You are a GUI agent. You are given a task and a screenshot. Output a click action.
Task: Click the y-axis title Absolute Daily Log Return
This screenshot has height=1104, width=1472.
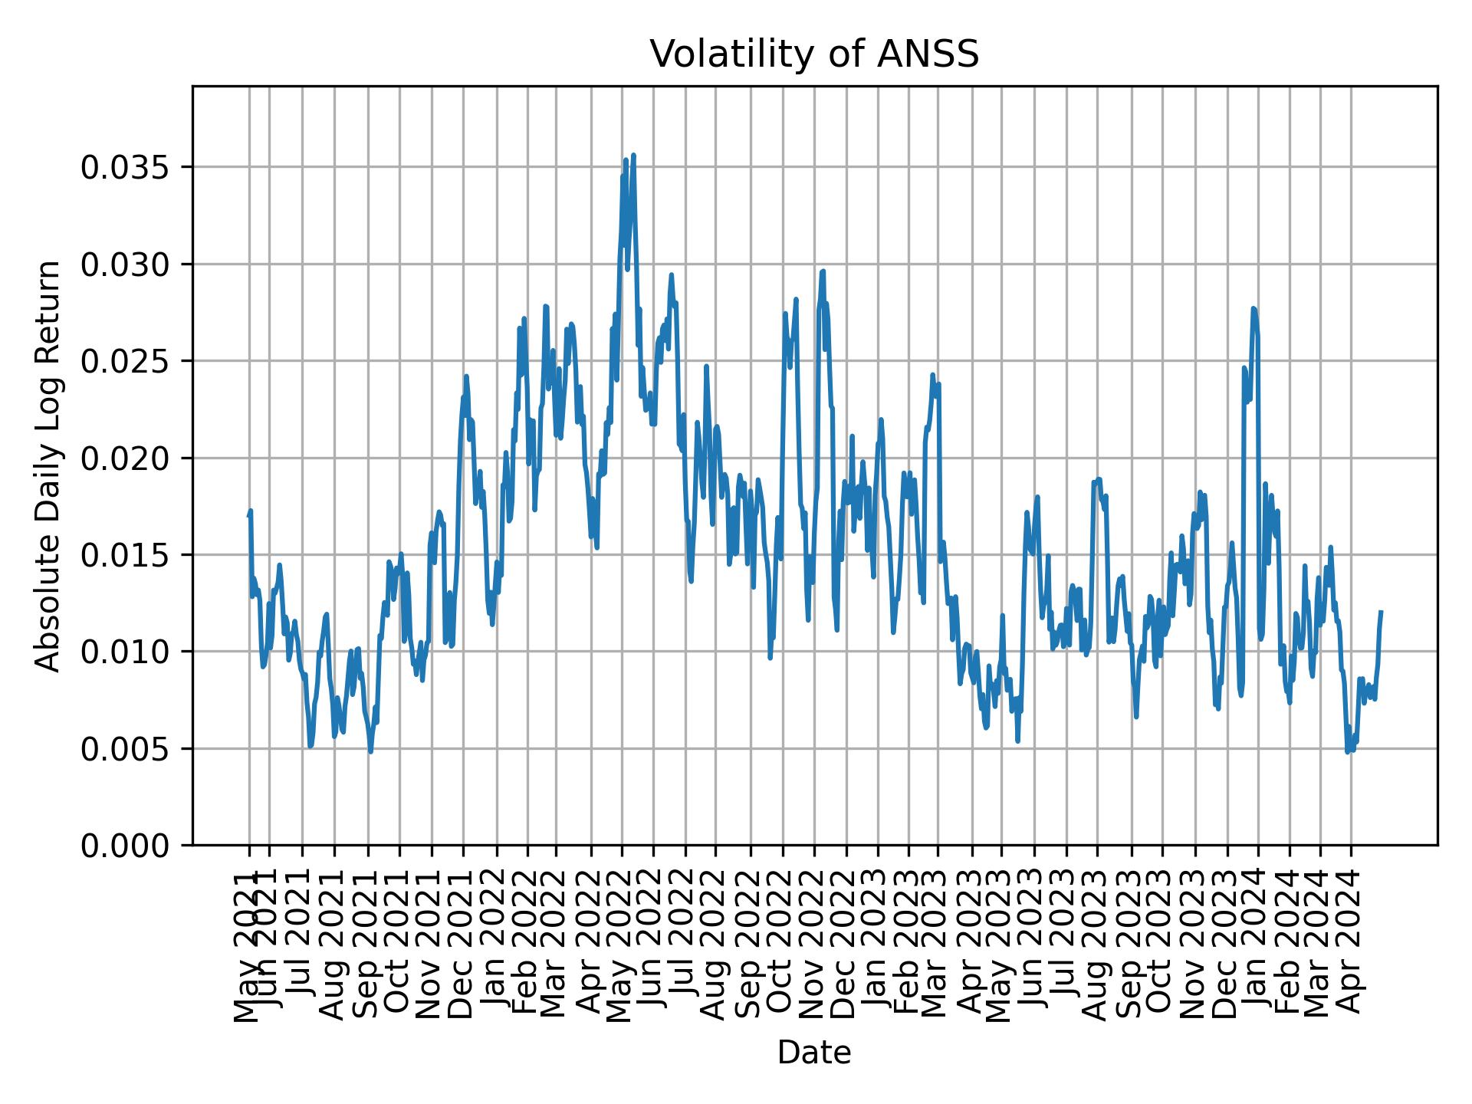click(49, 466)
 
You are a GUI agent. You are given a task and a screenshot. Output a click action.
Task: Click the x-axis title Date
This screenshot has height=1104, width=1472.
click(814, 1053)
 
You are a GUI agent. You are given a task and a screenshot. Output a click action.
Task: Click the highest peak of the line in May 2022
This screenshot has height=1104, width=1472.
click(633, 156)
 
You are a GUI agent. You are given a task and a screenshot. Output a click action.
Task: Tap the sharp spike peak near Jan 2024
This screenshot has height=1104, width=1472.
click(1253, 308)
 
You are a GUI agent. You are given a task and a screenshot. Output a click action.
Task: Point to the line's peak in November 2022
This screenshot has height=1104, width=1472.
click(823, 271)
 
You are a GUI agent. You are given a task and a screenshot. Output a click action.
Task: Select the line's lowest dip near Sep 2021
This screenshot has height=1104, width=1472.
click(371, 751)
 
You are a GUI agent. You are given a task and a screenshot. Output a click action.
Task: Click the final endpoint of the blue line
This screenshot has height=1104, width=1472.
click(1381, 612)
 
